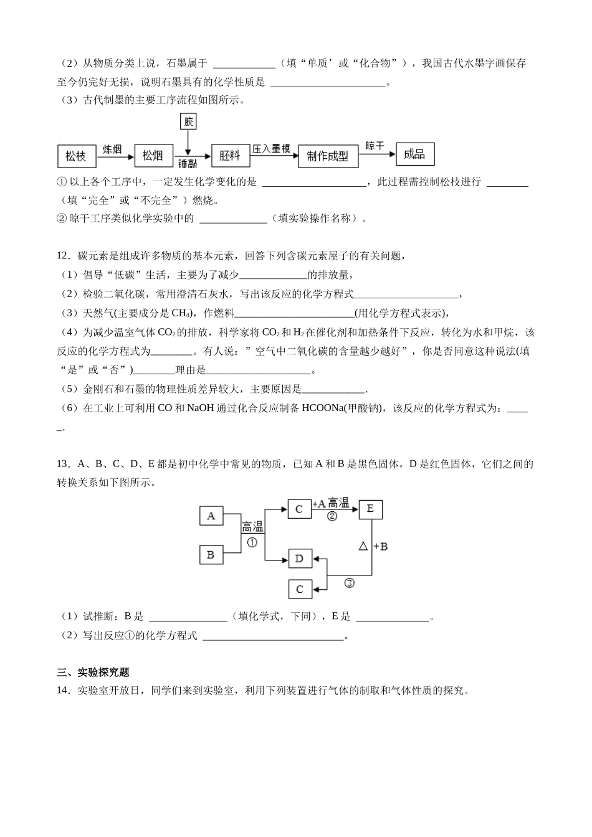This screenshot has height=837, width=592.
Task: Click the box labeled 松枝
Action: [76, 156]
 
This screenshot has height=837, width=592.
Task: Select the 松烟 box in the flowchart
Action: [153, 156]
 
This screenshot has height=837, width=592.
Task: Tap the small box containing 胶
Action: [188, 121]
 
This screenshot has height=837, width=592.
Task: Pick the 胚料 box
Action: [230, 156]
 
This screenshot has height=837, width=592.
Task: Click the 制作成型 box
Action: [328, 156]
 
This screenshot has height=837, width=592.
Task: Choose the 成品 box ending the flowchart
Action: [414, 154]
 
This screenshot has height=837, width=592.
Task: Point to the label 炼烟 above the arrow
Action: [112, 149]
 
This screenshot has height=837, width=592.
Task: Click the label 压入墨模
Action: [272, 149]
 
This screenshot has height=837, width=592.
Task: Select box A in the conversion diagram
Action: [211, 516]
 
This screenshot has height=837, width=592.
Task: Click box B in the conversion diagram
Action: [211, 554]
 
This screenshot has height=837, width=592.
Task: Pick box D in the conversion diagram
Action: [299, 559]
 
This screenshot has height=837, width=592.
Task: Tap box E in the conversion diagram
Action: [370, 509]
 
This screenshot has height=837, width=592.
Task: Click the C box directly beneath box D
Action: [299, 589]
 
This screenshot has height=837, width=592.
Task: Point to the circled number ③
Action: [349, 583]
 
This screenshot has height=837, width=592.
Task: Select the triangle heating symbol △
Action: [364, 546]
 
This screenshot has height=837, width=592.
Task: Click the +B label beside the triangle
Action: [381, 546]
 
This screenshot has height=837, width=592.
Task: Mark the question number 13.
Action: [62, 464]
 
